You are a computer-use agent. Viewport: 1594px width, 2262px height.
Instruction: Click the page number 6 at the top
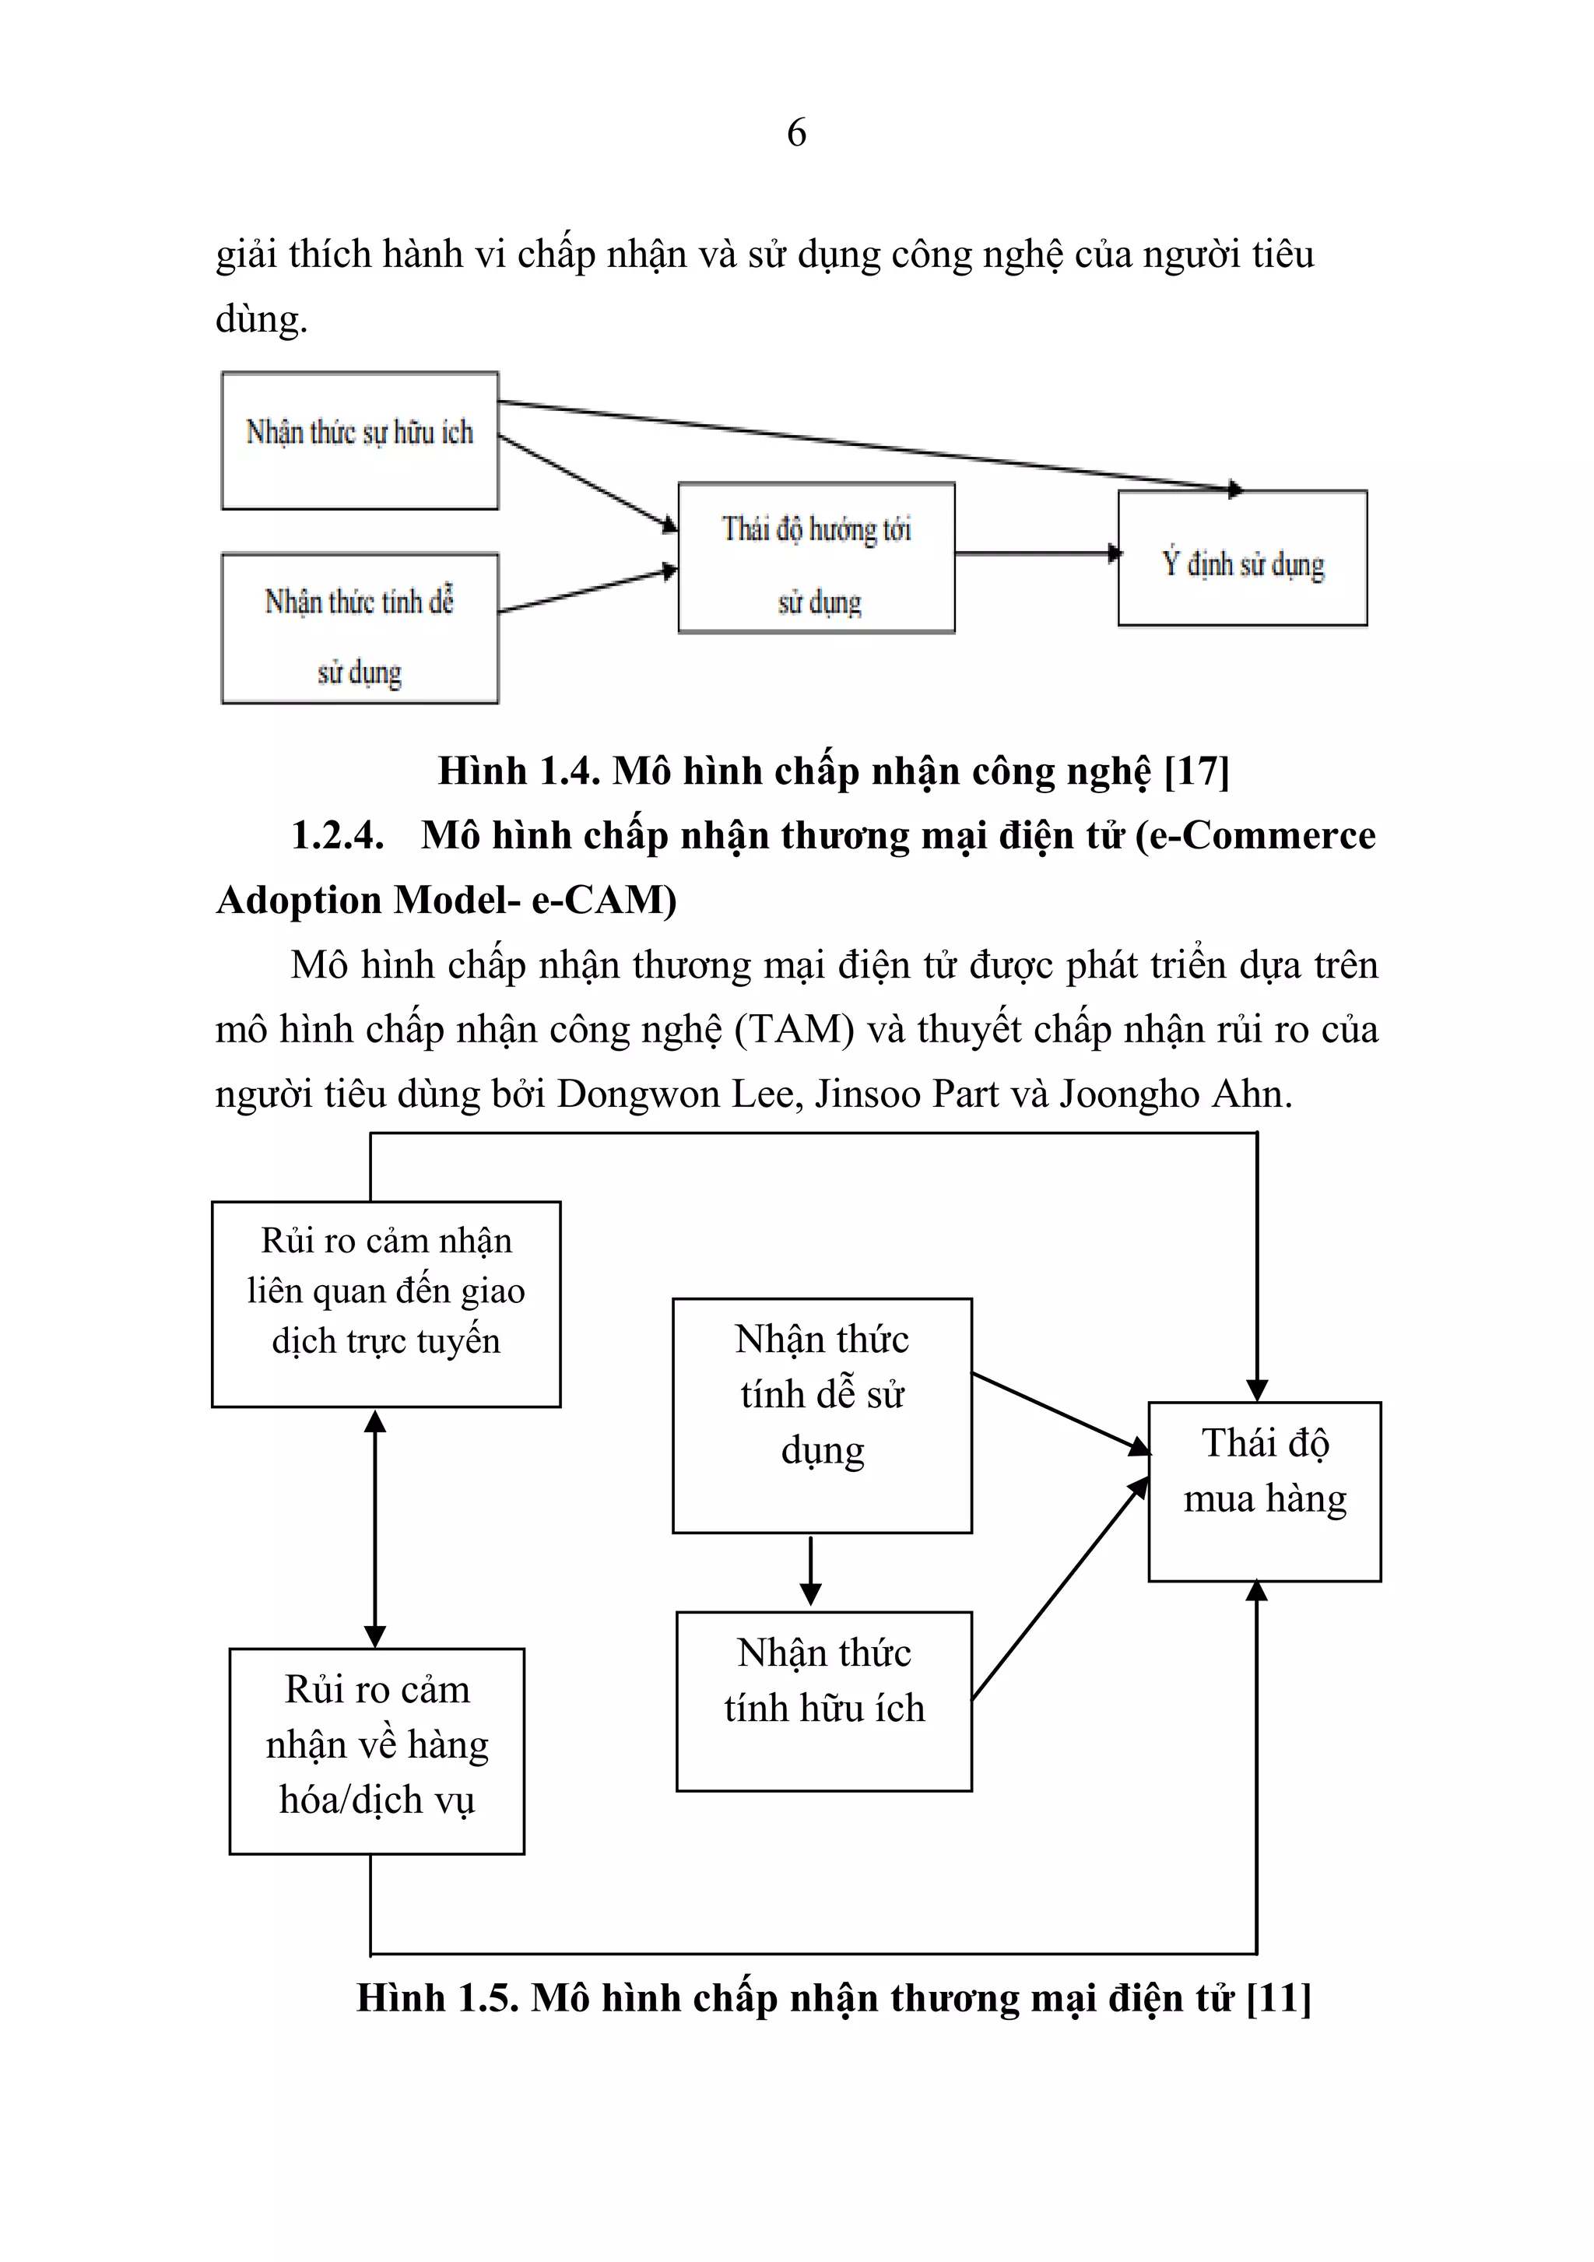(796, 132)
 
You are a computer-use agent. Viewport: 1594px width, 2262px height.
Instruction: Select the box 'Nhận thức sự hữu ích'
(360, 441)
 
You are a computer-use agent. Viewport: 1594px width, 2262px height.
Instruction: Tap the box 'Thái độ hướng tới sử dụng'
(816, 557)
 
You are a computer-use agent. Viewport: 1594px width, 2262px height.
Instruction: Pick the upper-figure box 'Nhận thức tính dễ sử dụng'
(360, 629)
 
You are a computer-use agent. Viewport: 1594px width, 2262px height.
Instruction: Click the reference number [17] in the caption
(1196, 771)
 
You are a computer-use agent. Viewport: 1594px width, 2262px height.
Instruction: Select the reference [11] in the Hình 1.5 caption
(1278, 1998)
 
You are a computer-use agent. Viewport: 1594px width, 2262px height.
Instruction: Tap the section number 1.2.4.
(337, 835)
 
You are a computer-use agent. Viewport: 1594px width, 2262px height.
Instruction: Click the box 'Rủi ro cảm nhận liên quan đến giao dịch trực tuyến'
(385, 1303)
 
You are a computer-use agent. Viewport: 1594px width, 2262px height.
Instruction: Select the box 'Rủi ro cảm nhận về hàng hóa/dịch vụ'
(377, 1751)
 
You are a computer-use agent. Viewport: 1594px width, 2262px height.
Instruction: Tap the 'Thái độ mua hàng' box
(1264, 1491)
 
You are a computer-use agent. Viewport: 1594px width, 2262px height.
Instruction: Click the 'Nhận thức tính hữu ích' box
(823, 1701)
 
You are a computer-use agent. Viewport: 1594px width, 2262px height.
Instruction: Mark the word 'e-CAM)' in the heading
(604, 901)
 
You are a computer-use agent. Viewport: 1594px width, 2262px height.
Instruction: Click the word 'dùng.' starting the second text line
(261, 319)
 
